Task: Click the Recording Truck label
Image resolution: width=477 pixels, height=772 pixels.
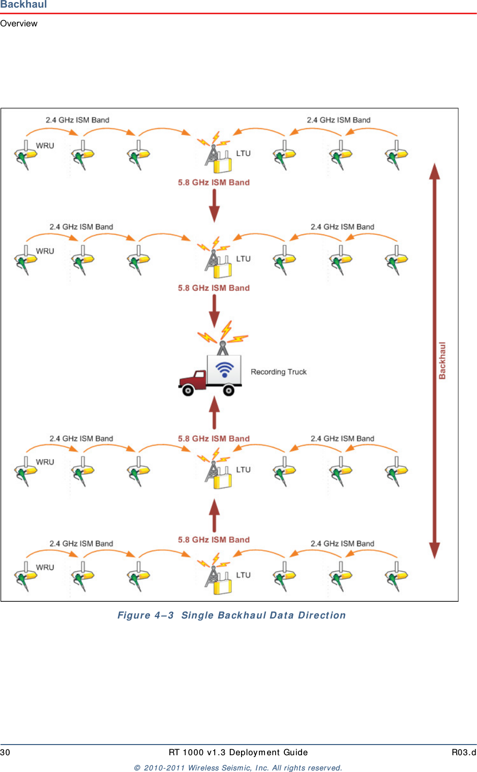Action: pos(278,372)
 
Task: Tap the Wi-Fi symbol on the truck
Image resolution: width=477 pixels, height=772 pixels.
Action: pos(225,369)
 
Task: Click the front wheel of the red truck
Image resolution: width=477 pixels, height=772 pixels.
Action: pos(188,390)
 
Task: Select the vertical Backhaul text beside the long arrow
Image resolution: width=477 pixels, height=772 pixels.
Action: pos(442,360)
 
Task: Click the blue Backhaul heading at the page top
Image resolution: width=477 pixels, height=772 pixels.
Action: pos(23,4)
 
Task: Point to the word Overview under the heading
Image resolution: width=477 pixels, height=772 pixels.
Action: pos(19,23)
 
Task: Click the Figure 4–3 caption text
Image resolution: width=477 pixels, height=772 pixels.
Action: pos(231,615)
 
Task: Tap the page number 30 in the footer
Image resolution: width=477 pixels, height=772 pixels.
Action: pos(5,752)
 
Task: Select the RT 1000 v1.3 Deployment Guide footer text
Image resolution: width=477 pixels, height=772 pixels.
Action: pos(238,752)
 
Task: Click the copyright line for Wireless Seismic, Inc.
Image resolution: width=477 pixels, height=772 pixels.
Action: pos(238,767)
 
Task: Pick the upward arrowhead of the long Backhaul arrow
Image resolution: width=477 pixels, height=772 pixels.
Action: pos(435,171)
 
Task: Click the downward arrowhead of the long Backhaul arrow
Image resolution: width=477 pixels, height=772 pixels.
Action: pos(435,551)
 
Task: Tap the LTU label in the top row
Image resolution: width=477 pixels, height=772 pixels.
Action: pos(243,153)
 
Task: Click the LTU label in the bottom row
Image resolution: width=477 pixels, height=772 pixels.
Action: pos(243,575)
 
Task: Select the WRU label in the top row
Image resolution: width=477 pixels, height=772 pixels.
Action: pos(45,146)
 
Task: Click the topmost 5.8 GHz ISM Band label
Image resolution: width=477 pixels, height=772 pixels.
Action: pos(214,182)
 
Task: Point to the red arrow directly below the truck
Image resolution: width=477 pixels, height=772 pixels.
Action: pos(214,413)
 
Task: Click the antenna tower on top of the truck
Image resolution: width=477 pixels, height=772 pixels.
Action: pos(223,348)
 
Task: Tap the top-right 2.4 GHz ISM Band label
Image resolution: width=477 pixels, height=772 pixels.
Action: pos(339,120)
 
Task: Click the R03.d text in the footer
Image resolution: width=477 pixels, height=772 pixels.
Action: pos(464,752)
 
